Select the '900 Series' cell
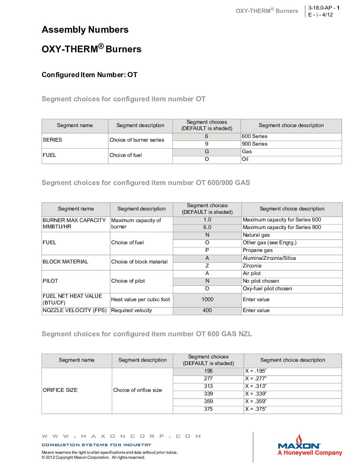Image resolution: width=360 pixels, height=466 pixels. coord(254,144)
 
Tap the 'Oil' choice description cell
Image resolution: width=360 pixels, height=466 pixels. coord(245,159)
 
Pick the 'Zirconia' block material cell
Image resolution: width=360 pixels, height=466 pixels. coord(252,266)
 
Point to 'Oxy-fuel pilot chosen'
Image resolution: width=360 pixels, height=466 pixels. coord(267,289)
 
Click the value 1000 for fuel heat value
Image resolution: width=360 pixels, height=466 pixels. coord(207,300)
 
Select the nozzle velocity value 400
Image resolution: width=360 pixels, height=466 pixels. coord(207,310)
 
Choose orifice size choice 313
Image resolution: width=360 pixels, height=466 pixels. coord(208,386)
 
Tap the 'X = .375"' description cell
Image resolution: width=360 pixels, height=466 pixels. coord(256,409)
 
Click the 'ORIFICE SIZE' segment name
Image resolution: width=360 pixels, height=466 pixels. coord(60,390)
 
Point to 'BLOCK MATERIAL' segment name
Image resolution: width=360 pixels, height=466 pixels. coord(66,262)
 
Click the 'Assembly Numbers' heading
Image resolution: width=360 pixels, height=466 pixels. coord(85,30)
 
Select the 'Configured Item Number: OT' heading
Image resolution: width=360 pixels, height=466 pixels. coord(89,75)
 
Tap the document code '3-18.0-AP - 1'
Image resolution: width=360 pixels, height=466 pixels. coord(324,8)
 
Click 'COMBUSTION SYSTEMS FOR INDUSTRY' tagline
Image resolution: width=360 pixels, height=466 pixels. coord(96,445)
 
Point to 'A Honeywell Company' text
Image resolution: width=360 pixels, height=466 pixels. coord(310,453)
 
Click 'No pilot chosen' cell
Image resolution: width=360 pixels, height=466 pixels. coord(261,281)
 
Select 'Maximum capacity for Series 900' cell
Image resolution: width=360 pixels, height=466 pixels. coord(282,227)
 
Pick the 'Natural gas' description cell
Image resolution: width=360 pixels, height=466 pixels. coord(256,235)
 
